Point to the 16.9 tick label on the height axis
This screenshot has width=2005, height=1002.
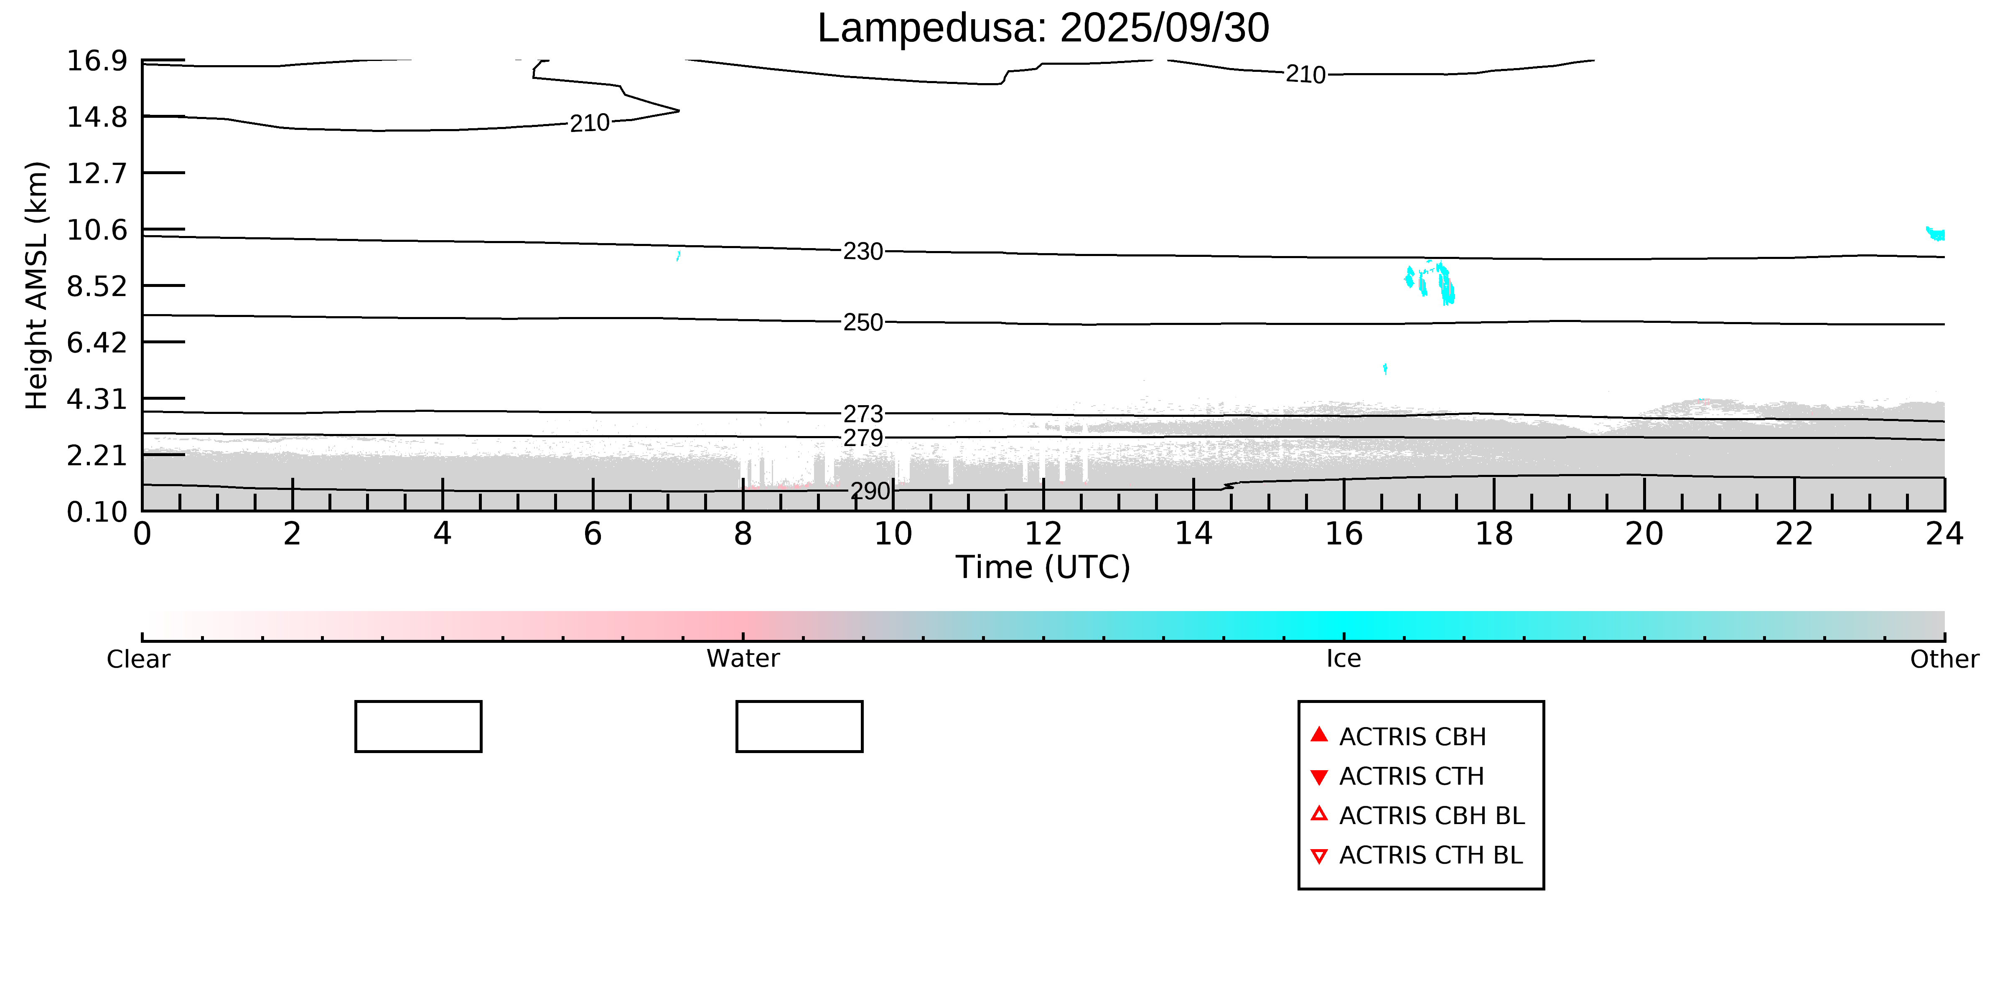click(97, 61)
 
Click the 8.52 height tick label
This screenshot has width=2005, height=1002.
click(97, 286)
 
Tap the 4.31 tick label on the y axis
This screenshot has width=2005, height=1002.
click(97, 399)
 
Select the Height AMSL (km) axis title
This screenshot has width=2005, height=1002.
click(37, 286)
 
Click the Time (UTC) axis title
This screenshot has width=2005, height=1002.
click(1043, 567)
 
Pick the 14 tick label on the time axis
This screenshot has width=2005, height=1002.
click(1193, 535)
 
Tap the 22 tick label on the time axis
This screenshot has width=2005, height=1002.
click(1794, 535)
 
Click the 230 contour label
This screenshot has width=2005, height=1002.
click(863, 251)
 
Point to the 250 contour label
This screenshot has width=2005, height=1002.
click(863, 322)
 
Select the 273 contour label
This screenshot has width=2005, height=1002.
click(863, 414)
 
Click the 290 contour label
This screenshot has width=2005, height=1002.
click(869, 491)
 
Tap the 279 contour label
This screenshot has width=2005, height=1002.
click(863, 438)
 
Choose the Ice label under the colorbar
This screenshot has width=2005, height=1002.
click(1343, 659)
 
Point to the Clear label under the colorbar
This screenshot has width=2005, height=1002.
click(139, 659)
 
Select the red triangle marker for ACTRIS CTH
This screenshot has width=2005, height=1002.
click(1318, 776)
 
